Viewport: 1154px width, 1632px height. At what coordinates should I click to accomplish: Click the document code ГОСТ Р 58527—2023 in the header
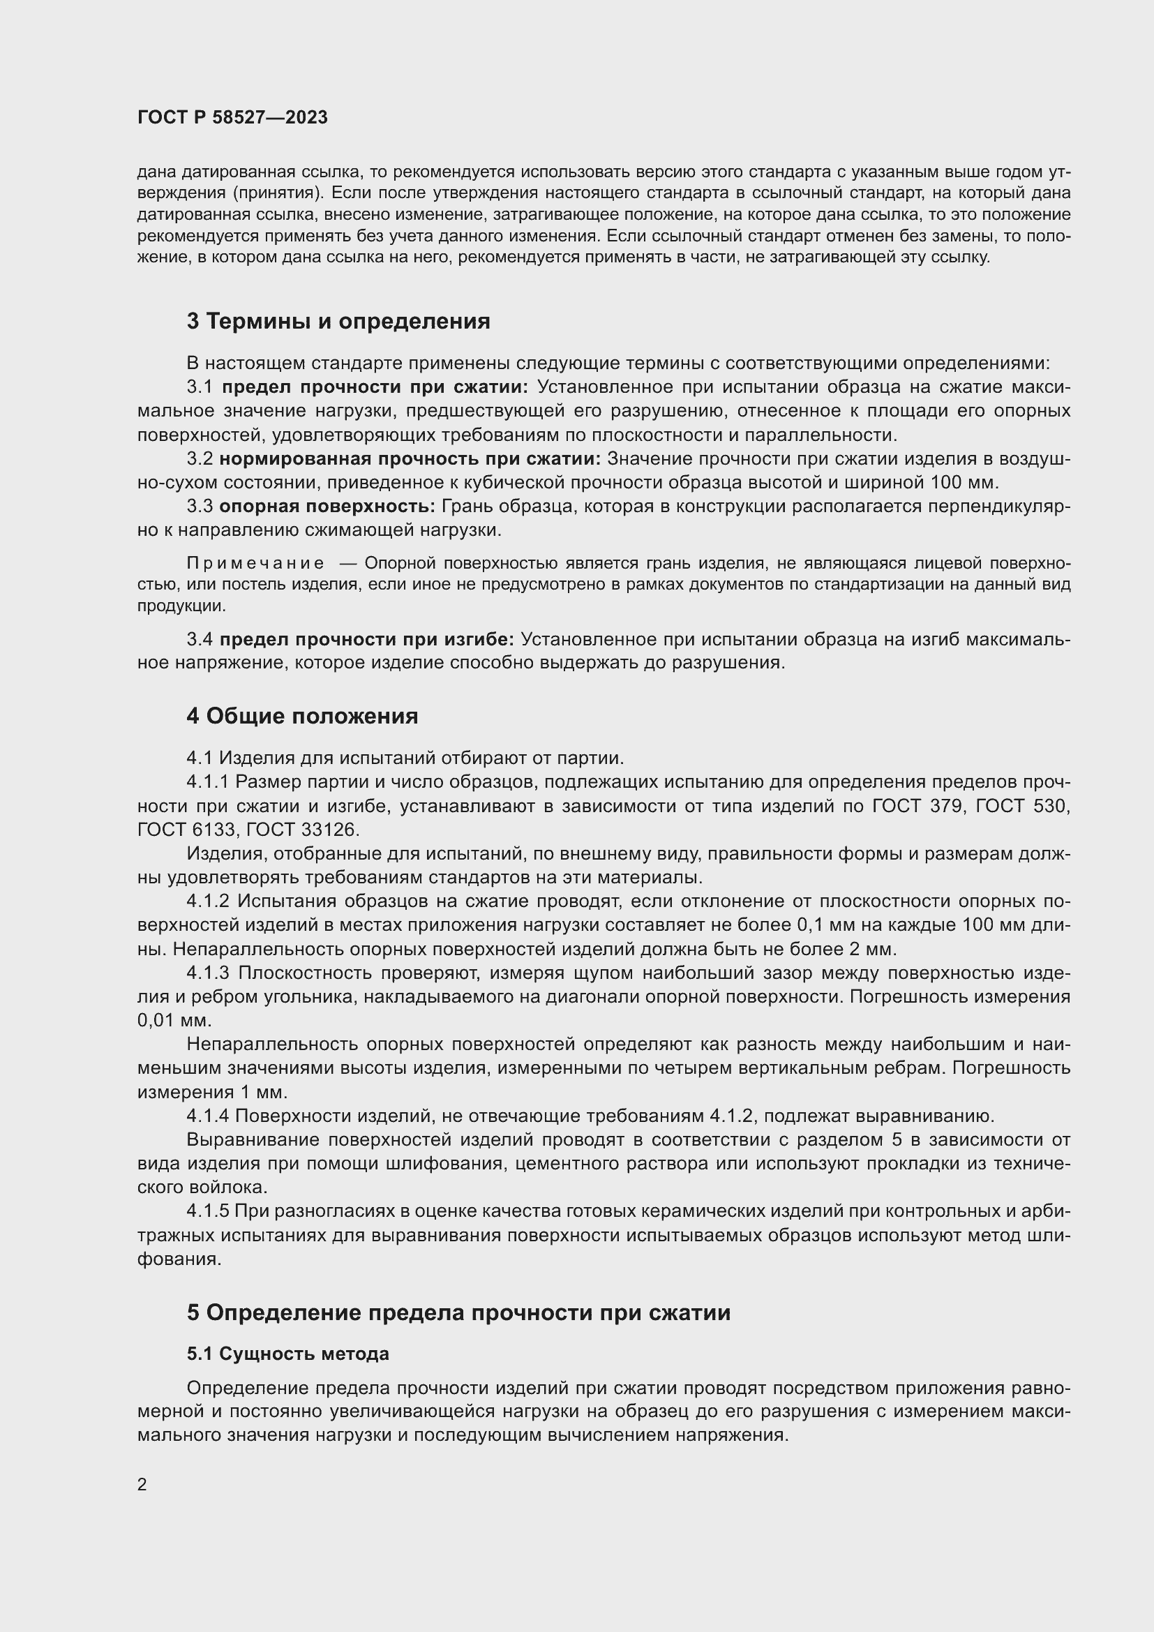[x=232, y=118]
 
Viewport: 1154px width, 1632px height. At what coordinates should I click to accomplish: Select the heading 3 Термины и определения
[x=338, y=321]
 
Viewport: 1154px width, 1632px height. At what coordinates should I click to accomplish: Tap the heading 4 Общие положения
[x=302, y=716]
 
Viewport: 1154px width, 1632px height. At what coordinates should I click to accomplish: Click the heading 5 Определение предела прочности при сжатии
[x=458, y=1312]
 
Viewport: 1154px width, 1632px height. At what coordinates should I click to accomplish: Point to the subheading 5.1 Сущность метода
[x=287, y=1354]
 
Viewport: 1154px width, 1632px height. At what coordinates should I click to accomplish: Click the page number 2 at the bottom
[x=142, y=1485]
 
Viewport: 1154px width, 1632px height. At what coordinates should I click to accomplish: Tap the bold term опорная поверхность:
[x=327, y=506]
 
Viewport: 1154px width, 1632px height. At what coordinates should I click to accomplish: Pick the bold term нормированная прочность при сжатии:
[x=410, y=459]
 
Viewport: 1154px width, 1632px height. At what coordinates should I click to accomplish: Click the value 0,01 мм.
[x=174, y=1020]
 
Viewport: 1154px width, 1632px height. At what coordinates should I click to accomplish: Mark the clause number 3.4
[x=200, y=639]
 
